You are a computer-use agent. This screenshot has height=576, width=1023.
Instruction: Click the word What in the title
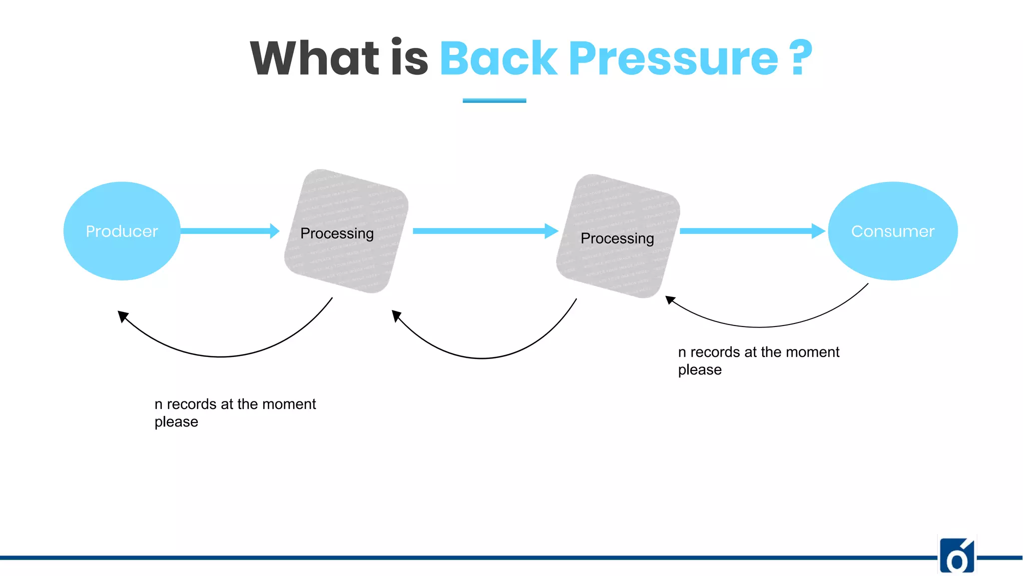[315, 58]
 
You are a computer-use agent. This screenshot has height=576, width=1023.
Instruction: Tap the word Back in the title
[498, 58]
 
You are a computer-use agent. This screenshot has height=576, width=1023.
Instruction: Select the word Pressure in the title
[673, 59]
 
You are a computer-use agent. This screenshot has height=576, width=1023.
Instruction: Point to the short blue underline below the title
[494, 100]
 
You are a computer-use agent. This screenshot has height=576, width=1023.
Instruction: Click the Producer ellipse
[122, 231]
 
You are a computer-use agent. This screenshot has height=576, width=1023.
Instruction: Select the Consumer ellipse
[893, 231]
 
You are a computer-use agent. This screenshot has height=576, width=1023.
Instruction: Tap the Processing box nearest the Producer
[346, 231]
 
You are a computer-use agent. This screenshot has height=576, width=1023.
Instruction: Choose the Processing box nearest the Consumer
[618, 236]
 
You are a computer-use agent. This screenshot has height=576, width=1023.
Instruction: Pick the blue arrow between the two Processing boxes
[485, 231]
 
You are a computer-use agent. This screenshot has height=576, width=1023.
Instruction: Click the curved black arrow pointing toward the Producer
[220, 356]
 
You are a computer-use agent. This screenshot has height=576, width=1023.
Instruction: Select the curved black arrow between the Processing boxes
[482, 357]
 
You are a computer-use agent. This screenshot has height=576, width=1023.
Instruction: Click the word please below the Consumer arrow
[700, 370]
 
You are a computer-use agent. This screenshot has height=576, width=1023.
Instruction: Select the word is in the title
[410, 58]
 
